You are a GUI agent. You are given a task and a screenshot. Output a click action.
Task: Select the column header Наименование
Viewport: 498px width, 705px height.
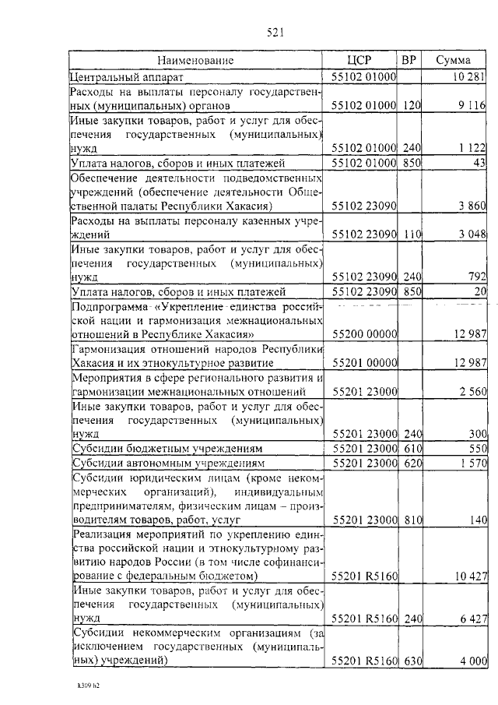(x=195, y=60)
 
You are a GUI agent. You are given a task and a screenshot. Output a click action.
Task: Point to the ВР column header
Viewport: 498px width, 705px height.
(x=409, y=60)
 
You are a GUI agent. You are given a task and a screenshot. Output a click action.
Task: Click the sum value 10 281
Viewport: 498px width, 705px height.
(x=469, y=77)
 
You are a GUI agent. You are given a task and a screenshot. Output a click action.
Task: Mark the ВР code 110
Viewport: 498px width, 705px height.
(x=412, y=234)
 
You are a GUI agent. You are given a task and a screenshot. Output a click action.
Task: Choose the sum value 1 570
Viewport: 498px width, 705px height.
(x=472, y=464)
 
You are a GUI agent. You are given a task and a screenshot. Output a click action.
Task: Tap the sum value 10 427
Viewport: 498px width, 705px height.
(x=469, y=576)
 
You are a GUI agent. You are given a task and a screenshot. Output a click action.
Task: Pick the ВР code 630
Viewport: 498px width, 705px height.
(x=412, y=661)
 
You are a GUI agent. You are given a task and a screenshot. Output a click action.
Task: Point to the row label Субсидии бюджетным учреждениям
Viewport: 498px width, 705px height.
(x=172, y=449)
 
